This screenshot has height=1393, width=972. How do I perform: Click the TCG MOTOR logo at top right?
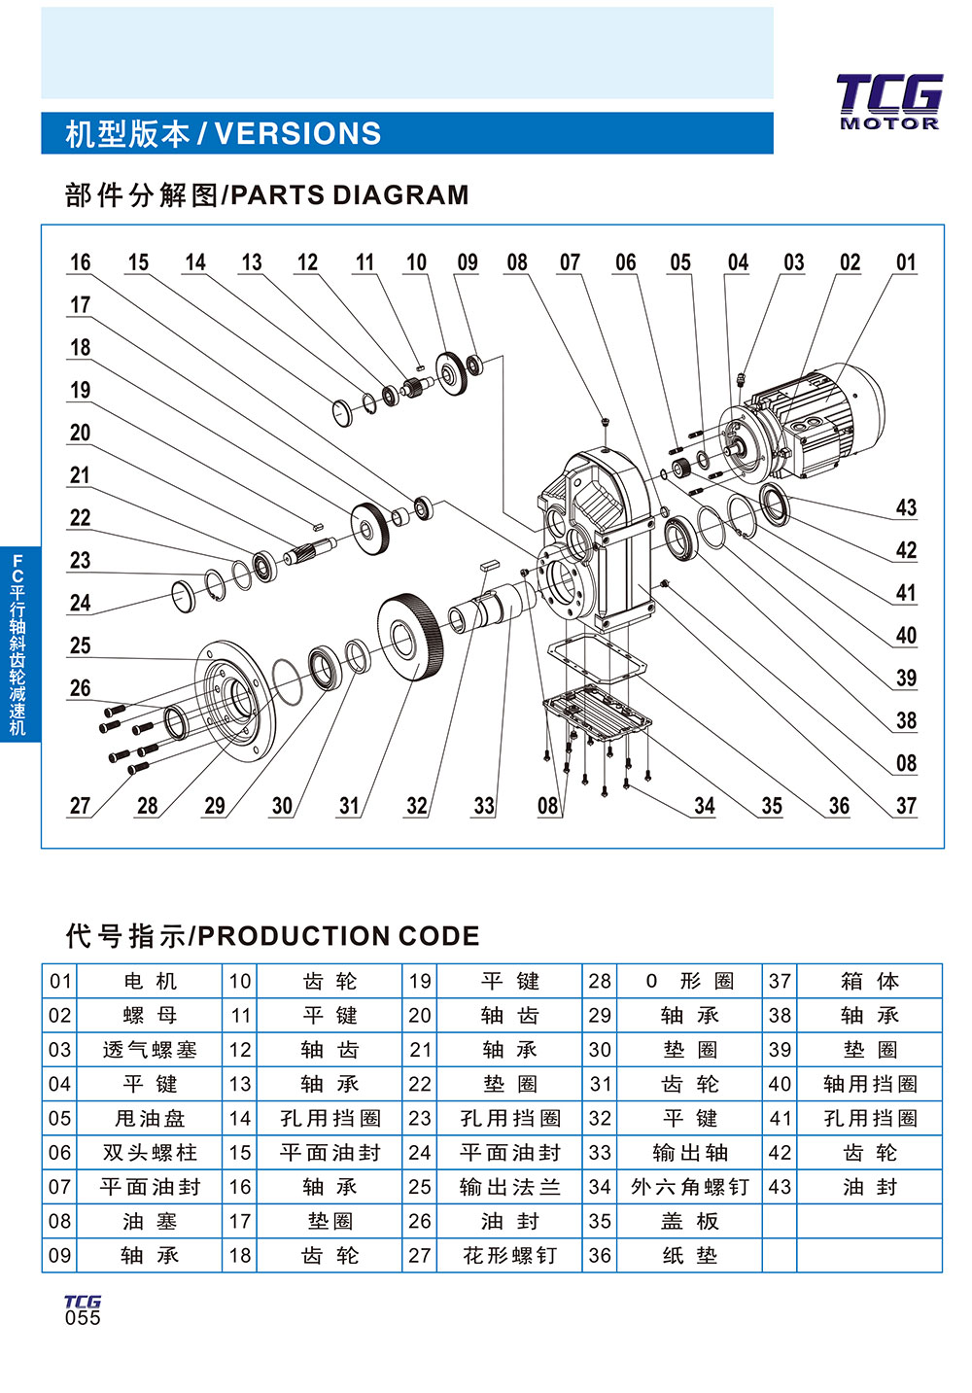pyautogui.click(x=888, y=101)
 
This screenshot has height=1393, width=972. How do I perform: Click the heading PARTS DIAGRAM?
pyautogui.click(x=266, y=195)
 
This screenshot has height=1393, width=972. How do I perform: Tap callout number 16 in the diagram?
pyautogui.click(x=80, y=262)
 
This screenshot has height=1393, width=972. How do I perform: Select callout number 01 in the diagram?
pyautogui.click(x=905, y=262)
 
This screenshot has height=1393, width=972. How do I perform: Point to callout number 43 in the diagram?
pyautogui.click(x=905, y=507)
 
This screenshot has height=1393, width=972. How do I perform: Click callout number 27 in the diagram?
pyautogui.click(x=80, y=806)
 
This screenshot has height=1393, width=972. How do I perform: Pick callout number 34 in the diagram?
pyautogui.click(x=704, y=806)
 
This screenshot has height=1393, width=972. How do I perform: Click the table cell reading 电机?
pyautogui.click(x=150, y=981)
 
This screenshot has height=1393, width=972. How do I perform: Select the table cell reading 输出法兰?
pyautogui.click(x=509, y=1187)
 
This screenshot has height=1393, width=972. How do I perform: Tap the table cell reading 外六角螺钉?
pyautogui.click(x=689, y=1187)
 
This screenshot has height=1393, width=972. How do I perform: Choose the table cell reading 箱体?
pyautogui.click(x=870, y=981)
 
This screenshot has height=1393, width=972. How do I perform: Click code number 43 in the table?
pyautogui.click(x=780, y=1187)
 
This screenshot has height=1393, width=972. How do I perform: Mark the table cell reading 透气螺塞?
pyautogui.click(x=150, y=1050)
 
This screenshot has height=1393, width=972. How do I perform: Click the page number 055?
pyautogui.click(x=83, y=1318)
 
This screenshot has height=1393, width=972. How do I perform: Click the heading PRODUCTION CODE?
pyautogui.click(x=272, y=936)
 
